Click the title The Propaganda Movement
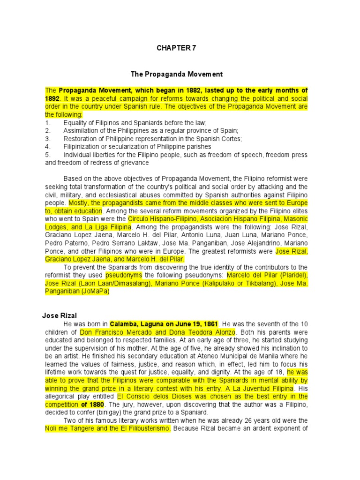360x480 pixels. point(176,74)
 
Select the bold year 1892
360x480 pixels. point(52,98)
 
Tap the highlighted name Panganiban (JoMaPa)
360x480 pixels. point(77,291)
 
